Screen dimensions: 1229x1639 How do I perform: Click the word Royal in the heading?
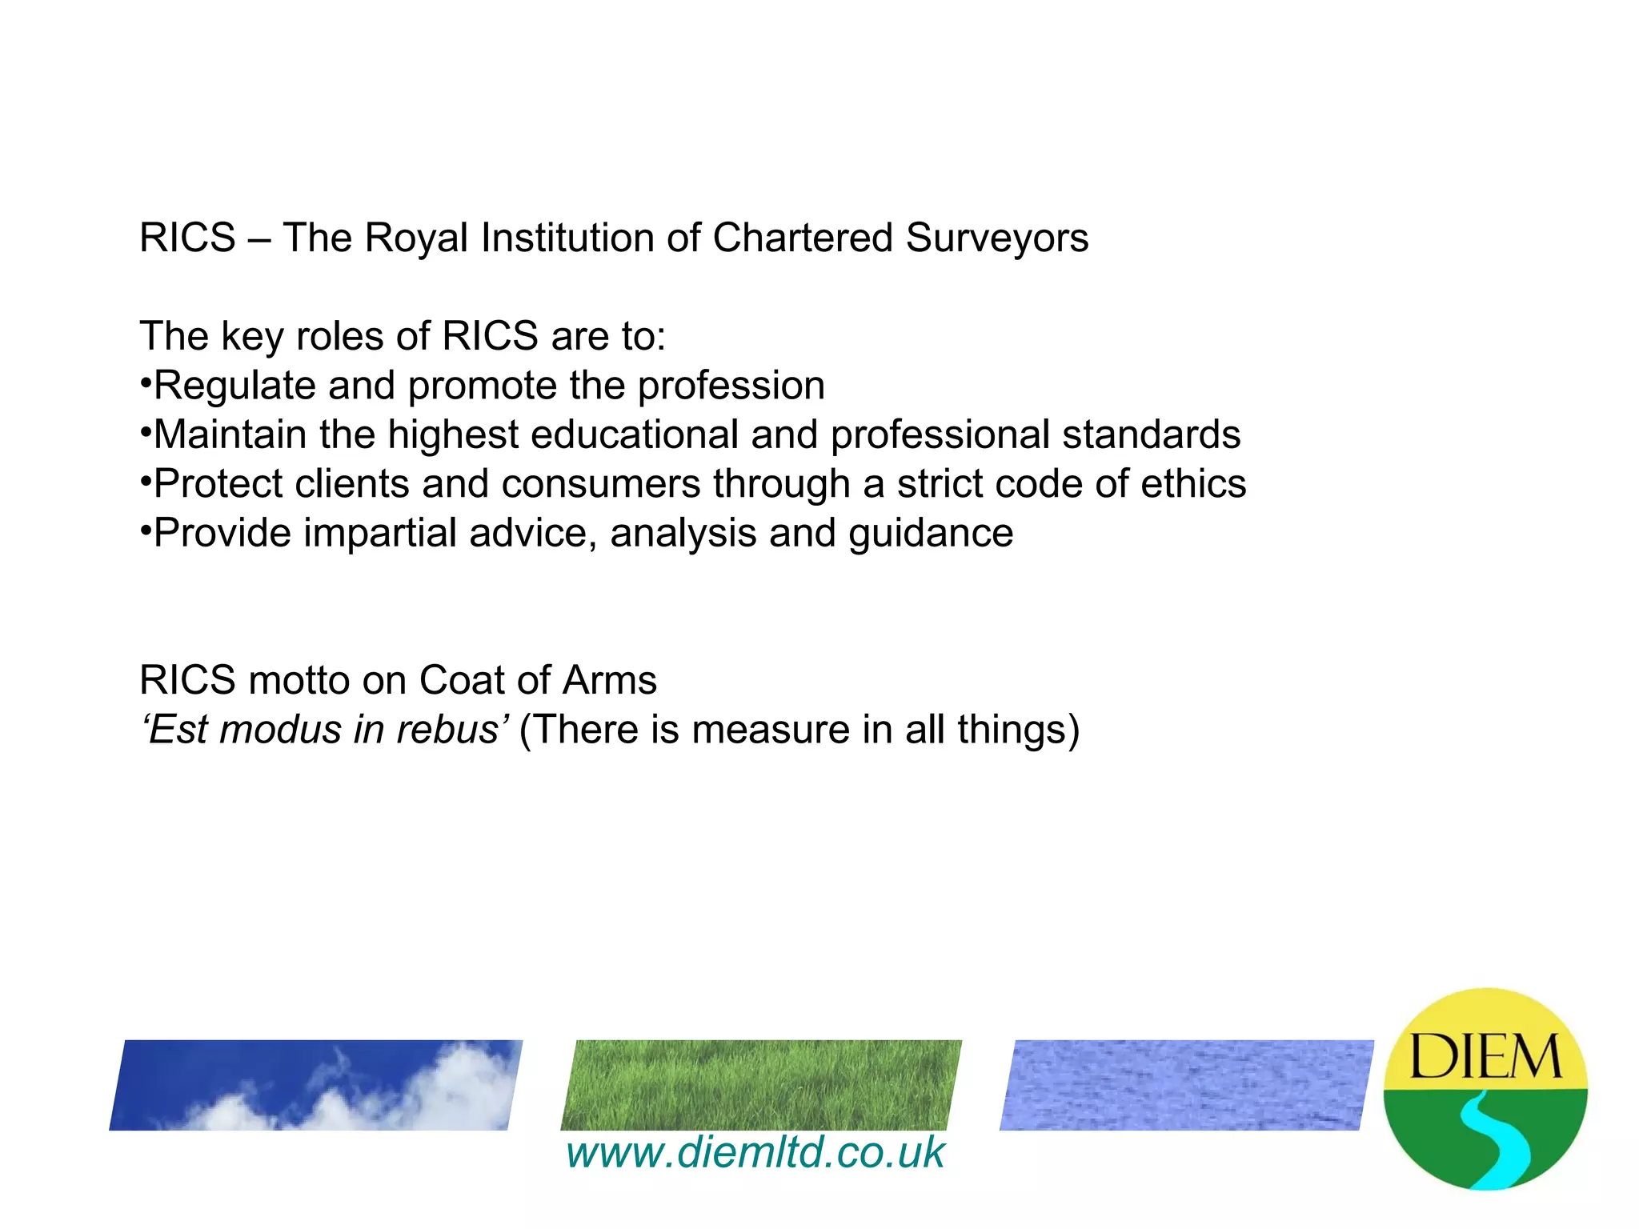(415, 238)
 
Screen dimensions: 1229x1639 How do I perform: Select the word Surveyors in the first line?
(996, 238)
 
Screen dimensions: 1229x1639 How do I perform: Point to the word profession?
(731, 386)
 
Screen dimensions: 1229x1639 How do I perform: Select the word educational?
(634, 434)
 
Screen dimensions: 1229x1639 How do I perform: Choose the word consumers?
(601, 484)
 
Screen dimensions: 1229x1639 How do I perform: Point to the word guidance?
(931, 534)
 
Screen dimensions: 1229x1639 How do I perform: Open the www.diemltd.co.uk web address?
(755, 1153)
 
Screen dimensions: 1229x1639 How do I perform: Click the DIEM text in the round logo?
(1485, 1056)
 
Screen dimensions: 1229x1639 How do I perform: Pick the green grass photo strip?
(761, 1084)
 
